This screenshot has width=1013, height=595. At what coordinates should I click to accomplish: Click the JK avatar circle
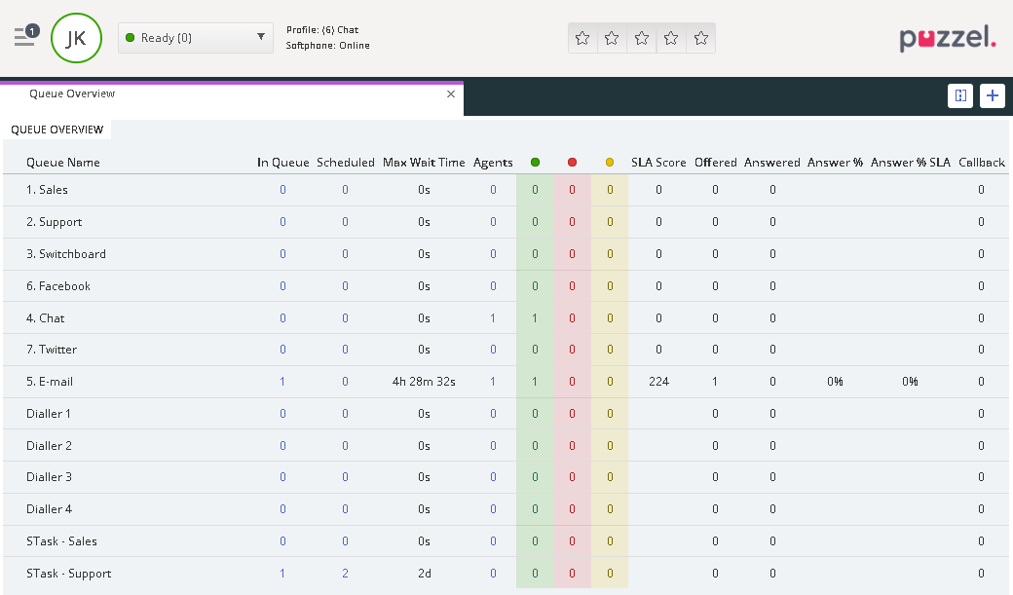click(76, 38)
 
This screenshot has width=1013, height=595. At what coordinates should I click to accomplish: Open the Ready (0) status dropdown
click(195, 38)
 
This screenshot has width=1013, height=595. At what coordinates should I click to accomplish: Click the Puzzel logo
click(947, 39)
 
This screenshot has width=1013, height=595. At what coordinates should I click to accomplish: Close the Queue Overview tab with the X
click(451, 94)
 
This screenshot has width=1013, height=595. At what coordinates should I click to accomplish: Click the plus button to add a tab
click(992, 95)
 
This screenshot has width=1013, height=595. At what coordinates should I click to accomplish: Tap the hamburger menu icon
click(24, 37)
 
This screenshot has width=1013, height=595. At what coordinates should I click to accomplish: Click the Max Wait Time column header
click(424, 163)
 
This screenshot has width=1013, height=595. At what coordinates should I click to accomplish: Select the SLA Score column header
click(658, 163)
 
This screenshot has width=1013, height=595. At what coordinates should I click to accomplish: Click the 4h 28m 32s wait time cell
click(424, 382)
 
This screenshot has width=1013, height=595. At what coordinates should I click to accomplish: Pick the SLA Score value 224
click(658, 382)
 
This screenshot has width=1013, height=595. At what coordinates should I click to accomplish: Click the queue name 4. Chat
click(46, 318)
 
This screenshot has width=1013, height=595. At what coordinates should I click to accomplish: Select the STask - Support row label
click(68, 574)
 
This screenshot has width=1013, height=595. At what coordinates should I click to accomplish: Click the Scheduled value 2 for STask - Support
click(345, 574)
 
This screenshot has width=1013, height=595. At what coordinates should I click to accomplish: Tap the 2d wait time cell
click(424, 574)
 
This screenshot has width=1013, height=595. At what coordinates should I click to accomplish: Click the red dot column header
click(572, 163)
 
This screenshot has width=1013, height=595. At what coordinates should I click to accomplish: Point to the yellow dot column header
click(610, 163)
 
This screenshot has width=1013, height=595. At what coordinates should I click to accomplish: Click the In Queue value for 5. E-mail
click(282, 382)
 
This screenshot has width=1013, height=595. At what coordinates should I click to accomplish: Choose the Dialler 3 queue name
click(49, 477)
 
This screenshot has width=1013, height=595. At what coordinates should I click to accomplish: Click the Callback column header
click(981, 163)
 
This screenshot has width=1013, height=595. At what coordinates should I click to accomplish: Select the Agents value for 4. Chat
click(493, 318)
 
